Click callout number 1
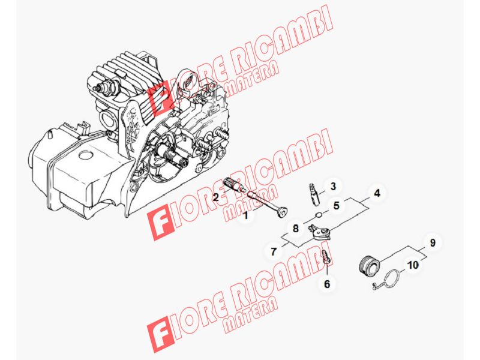(245, 215)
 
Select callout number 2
(216, 197)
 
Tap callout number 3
(333, 186)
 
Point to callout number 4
(377, 193)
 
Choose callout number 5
(337, 205)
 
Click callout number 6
(327, 284)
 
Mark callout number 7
(274, 251)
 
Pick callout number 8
(295, 229)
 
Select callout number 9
(432, 243)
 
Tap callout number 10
(413, 265)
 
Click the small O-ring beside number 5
(319, 215)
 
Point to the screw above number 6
(326, 257)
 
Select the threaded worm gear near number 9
(369, 265)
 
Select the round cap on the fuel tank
(86, 155)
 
